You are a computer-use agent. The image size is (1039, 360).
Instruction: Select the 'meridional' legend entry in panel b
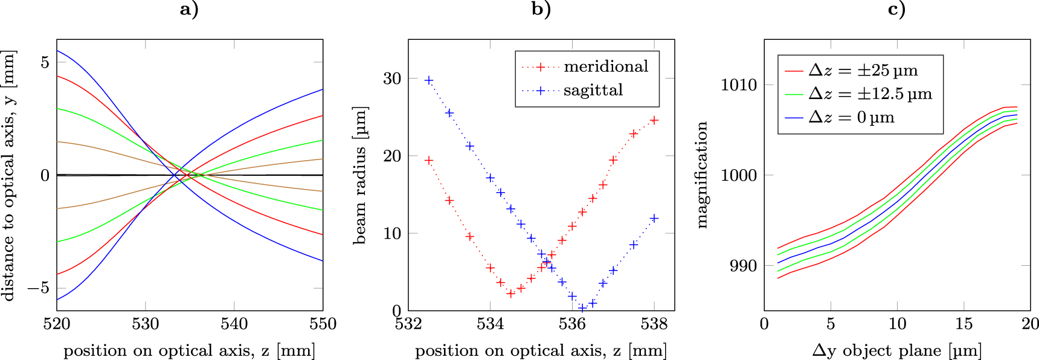(605, 66)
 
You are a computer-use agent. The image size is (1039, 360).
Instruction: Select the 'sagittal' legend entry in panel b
(593, 91)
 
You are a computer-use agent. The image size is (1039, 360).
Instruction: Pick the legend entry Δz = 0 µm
(851, 117)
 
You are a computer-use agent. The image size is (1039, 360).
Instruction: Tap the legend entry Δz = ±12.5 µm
(870, 94)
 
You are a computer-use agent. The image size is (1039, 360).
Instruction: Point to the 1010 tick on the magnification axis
(738, 85)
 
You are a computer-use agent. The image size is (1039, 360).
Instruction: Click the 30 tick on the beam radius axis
(392, 79)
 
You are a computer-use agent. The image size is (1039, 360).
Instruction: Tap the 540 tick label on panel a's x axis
(234, 324)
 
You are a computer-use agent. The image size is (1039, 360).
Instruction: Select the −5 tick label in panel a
(37, 288)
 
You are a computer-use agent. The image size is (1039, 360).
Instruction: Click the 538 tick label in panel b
(654, 324)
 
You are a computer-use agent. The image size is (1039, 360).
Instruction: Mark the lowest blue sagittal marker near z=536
(582, 308)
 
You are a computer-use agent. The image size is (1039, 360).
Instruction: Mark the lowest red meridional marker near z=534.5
(510, 294)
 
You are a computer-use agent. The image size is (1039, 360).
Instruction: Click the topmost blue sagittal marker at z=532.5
(429, 80)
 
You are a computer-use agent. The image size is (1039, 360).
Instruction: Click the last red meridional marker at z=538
(654, 120)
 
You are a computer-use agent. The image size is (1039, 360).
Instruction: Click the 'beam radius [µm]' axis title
(360, 175)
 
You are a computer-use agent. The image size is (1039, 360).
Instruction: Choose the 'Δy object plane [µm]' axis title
(896, 350)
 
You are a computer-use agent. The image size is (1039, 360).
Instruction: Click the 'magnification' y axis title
(701, 175)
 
